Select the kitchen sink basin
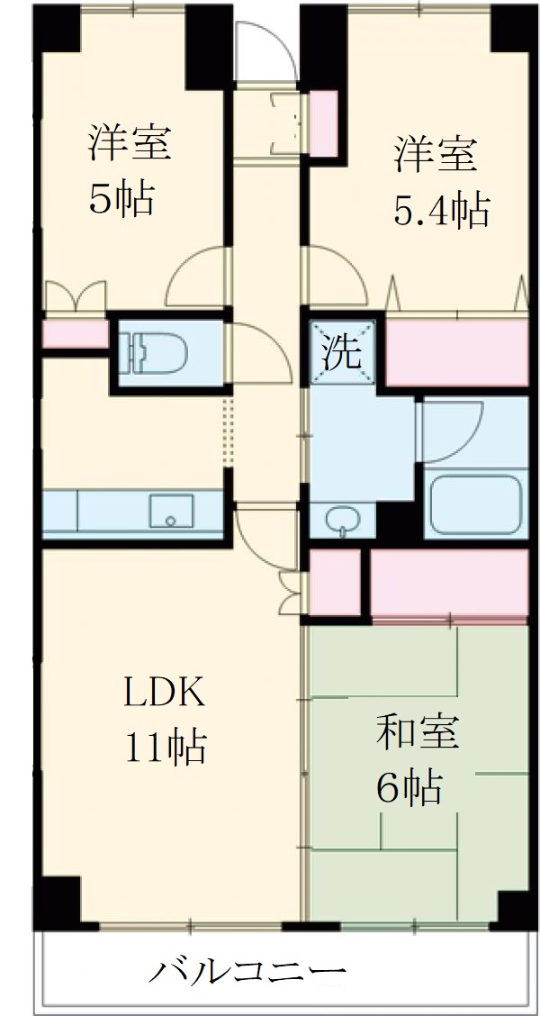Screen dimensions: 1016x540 click(x=170, y=512)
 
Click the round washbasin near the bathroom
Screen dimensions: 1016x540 click(x=341, y=520)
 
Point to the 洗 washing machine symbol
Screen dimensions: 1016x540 click(x=342, y=350)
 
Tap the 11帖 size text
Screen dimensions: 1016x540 click(x=166, y=747)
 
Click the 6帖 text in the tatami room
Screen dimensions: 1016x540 click(x=409, y=787)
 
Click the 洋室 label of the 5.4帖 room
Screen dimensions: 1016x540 click(x=434, y=154)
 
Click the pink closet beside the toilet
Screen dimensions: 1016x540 click(x=75, y=334)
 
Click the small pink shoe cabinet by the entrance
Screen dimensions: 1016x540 click(x=324, y=122)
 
